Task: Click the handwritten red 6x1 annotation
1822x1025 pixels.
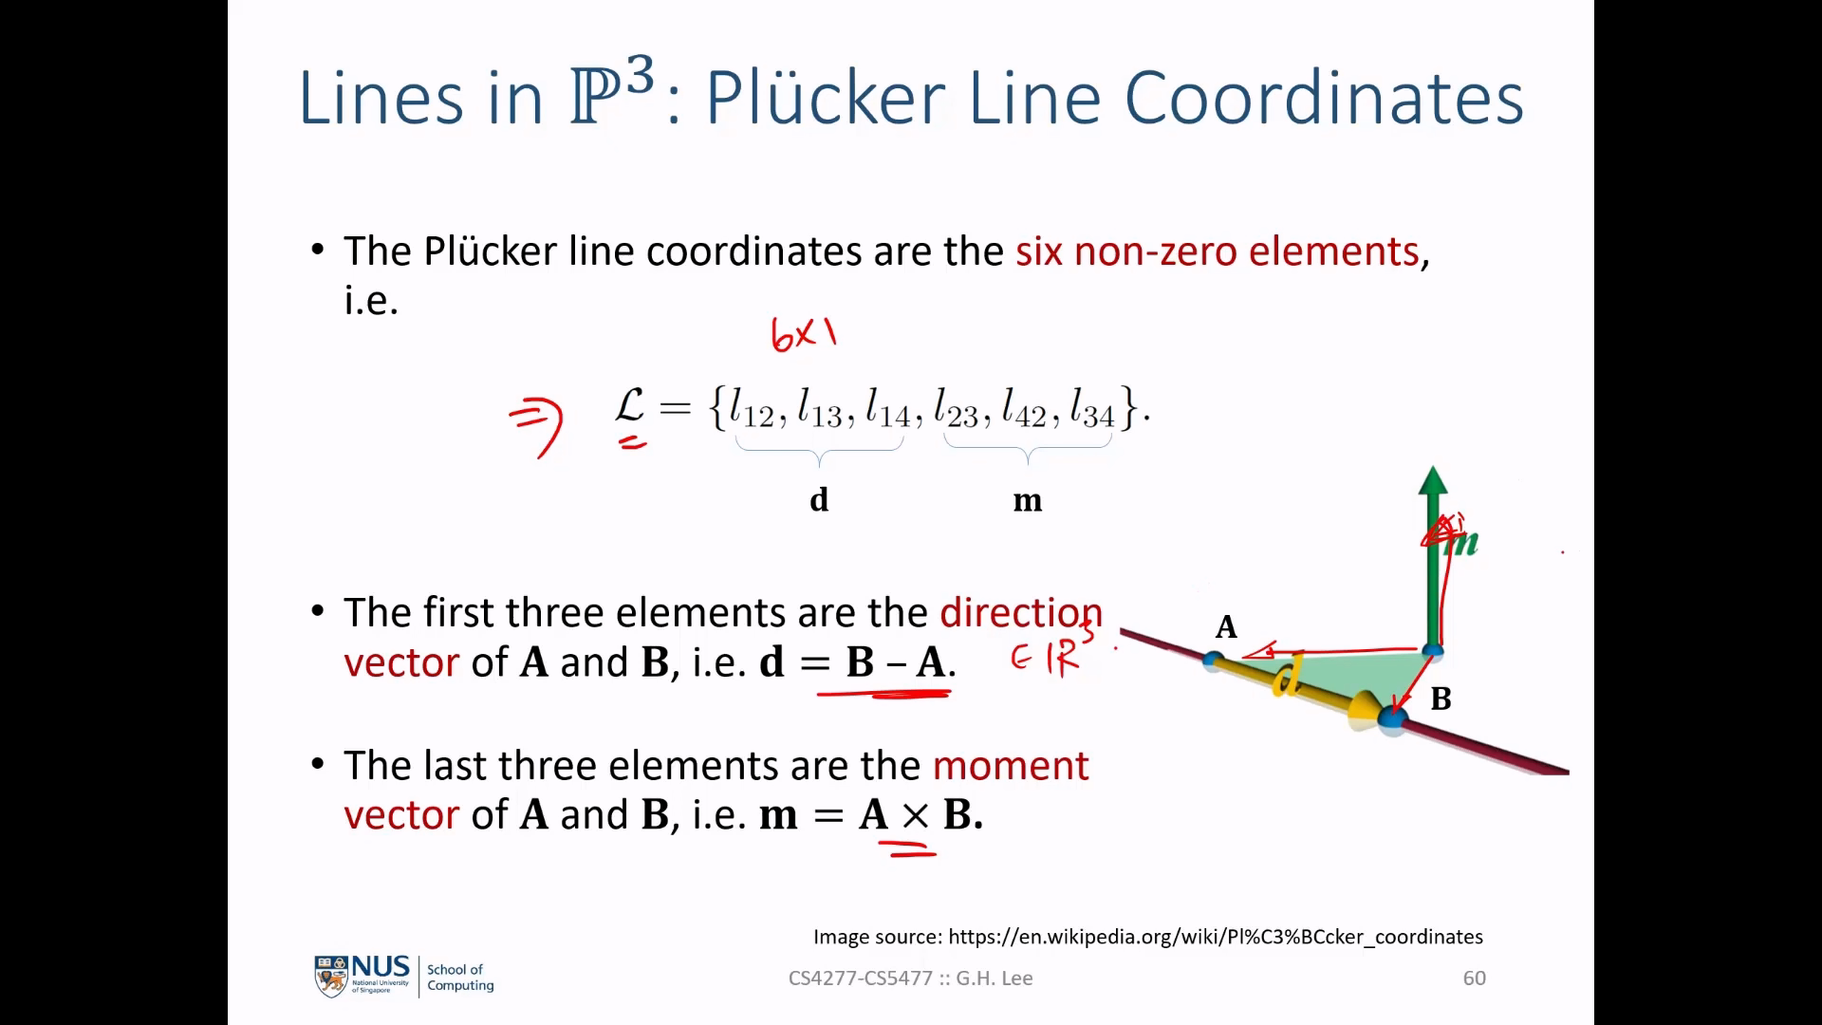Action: point(804,334)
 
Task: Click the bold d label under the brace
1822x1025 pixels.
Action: point(819,499)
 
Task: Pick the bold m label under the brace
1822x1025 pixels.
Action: point(1028,500)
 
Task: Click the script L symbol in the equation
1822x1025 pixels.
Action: point(630,405)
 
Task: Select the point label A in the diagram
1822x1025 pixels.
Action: point(1226,626)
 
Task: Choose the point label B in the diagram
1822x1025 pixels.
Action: point(1441,699)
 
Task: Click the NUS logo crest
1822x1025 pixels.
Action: point(331,977)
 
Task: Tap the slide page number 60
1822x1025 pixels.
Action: point(1475,978)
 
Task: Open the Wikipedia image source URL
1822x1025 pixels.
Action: point(1216,937)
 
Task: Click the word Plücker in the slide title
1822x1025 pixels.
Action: point(826,97)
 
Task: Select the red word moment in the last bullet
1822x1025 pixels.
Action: point(1011,766)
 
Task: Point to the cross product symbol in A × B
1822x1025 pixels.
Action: point(915,815)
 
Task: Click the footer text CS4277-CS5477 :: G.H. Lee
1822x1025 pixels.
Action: point(911,978)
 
